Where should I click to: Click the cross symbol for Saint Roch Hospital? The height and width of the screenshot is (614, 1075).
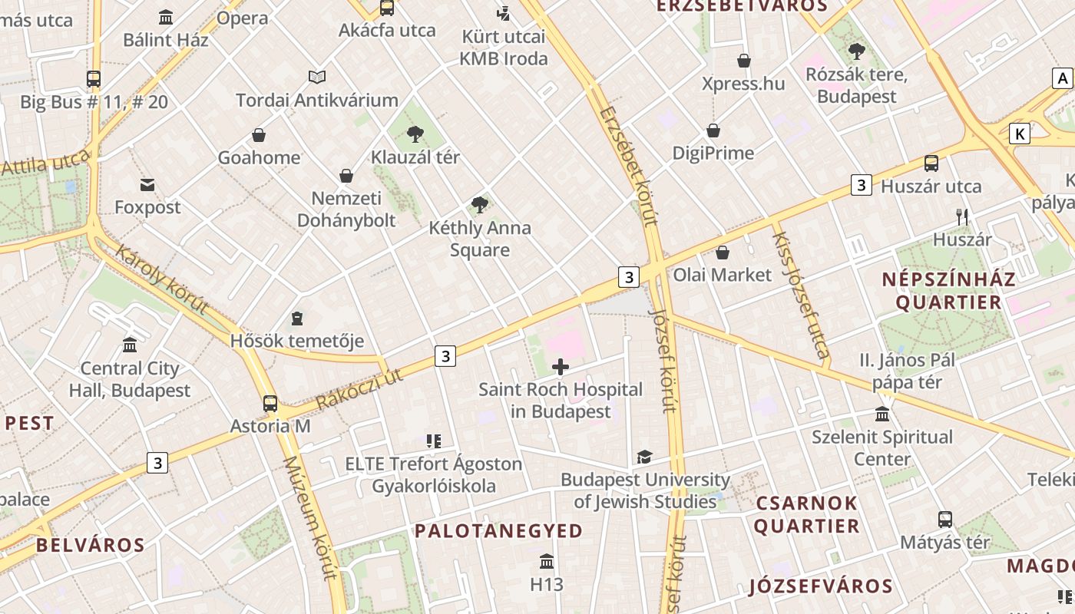coord(561,367)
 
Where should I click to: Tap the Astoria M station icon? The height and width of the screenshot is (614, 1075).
coord(270,403)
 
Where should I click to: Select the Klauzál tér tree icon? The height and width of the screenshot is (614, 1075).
coord(415,134)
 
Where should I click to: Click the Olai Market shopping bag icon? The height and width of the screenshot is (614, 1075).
coord(723,252)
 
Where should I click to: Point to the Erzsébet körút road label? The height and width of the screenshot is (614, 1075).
coord(630,166)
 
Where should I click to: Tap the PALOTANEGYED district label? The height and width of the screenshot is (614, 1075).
coord(499,530)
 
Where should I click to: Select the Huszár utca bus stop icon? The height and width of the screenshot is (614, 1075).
coord(931,163)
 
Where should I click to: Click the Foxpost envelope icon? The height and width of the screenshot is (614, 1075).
coord(147,185)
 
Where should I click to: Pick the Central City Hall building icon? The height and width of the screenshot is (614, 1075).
coord(130,345)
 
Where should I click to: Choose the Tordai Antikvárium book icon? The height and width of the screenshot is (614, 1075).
coord(317,77)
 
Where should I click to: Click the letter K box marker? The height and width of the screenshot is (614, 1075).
coord(1019,134)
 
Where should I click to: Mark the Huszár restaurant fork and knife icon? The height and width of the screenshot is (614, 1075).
coord(962,216)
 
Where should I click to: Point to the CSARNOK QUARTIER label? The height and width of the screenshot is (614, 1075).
coord(806,514)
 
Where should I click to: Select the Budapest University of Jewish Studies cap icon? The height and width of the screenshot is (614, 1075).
coord(644,457)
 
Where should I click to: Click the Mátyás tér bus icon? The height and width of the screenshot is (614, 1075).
coord(945,519)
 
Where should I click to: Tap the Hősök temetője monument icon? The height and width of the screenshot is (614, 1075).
coord(297,318)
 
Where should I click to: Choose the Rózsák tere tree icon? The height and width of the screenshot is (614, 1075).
coord(856,52)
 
